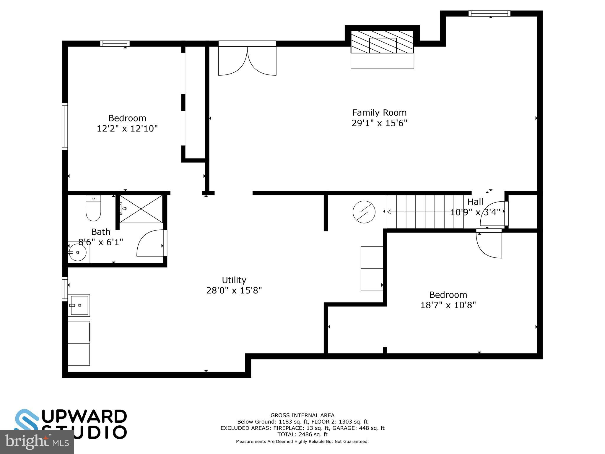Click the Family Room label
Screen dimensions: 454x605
pyautogui.click(x=379, y=113)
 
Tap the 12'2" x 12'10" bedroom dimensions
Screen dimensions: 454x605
pyautogui.click(x=127, y=129)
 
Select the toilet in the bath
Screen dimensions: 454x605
pyautogui.click(x=93, y=208)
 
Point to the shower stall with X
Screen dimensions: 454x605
pyautogui.click(x=141, y=209)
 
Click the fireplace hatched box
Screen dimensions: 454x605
pyautogui.click(x=382, y=42)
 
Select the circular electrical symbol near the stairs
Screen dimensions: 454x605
pyautogui.click(x=364, y=212)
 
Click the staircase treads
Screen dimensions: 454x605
pyautogui.click(x=425, y=212)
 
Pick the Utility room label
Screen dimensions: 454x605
pyautogui.click(x=234, y=280)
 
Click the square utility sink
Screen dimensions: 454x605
pyautogui.click(x=79, y=305)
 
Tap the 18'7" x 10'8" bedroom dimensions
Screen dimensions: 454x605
pyautogui.click(x=448, y=305)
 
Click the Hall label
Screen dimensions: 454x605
pyautogui.click(x=475, y=202)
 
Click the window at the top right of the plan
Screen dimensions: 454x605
pyautogui.click(x=489, y=14)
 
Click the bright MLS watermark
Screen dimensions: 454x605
pyautogui.click(x=37, y=442)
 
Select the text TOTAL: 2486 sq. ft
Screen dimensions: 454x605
pyautogui.click(x=302, y=434)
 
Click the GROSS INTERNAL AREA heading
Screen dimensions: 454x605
pyautogui.click(x=302, y=415)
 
